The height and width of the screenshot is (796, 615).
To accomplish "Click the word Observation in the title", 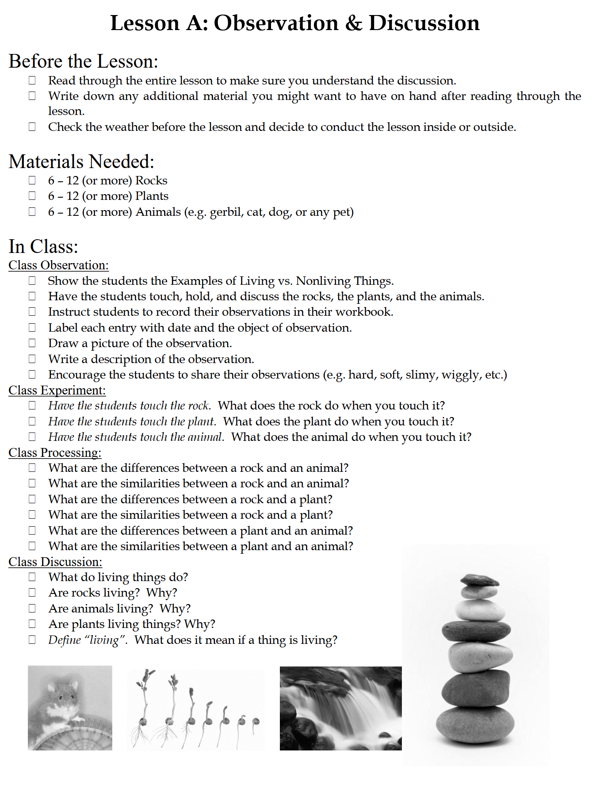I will coord(276,23).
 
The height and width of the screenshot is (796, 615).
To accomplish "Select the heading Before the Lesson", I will coord(83,61).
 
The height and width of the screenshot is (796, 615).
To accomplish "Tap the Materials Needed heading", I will coord(81,162).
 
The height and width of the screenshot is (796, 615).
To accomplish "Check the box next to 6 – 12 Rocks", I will coord(32,180).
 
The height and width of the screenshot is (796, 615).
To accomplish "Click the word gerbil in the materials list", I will coord(225,212).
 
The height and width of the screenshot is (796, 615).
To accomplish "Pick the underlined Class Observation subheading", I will coord(58,265).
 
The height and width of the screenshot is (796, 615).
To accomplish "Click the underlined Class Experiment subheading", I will coord(57,390).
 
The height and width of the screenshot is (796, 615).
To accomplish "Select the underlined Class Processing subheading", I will coord(55,453).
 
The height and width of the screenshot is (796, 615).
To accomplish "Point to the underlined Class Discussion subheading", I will coord(55,562).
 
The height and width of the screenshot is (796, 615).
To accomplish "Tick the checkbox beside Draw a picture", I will coord(32,343).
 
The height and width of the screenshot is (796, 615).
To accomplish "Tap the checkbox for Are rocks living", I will coord(32,593).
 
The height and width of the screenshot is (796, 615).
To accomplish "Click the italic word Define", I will coord(65,640).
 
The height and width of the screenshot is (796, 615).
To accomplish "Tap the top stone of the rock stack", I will coord(479,580).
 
